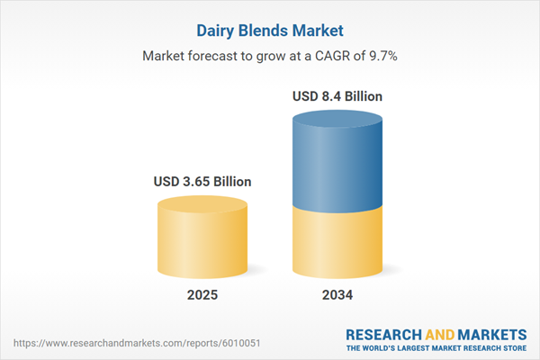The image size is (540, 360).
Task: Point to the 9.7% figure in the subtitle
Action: tap(382, 55)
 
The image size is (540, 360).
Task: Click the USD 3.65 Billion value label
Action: tap(202, 182)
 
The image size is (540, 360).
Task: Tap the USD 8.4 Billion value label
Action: tap(337, 96)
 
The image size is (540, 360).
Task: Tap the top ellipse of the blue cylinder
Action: tap(337, 121)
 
